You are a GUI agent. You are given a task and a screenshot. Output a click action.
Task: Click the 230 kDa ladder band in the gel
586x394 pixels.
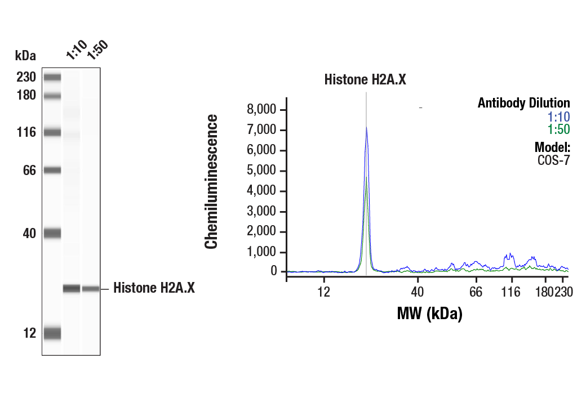tap(52, 77)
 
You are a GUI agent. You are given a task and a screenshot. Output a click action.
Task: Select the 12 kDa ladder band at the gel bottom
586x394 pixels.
tap(52, 333)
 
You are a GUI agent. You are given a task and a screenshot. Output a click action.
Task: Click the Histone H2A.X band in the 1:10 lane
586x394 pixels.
tap(72, 289)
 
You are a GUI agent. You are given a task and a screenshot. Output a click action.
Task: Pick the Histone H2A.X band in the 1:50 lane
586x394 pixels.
tap(91, 289)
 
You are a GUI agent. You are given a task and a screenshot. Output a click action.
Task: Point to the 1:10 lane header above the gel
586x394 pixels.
tap(75, 51)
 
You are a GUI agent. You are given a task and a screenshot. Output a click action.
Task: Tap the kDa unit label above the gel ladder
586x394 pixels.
tap(25, 56)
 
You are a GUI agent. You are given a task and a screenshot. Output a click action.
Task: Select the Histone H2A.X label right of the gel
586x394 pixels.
tap(154, 288)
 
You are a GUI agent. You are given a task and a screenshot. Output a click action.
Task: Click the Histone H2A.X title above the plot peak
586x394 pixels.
tap(365, 79)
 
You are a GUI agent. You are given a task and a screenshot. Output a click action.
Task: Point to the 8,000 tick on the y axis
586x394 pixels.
tap(263, 109)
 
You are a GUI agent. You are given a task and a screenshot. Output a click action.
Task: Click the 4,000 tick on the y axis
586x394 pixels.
tap(263, 191)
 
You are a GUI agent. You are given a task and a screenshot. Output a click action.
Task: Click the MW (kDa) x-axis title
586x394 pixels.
tap(429, 313)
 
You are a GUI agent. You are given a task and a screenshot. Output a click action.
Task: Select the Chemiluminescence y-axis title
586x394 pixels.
tap(211, 181)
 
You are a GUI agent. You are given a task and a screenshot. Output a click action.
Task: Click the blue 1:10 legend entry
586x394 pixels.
tap(558, 117)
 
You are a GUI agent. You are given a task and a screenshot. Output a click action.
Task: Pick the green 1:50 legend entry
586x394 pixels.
tap(558, 129)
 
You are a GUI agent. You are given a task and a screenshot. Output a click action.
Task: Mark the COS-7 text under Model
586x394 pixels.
tap(554, 159)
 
